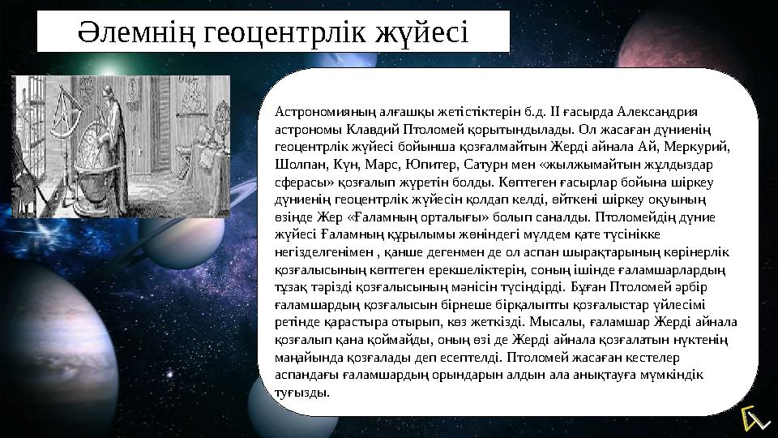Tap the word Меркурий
point(703,148)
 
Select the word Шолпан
point(296,165)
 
